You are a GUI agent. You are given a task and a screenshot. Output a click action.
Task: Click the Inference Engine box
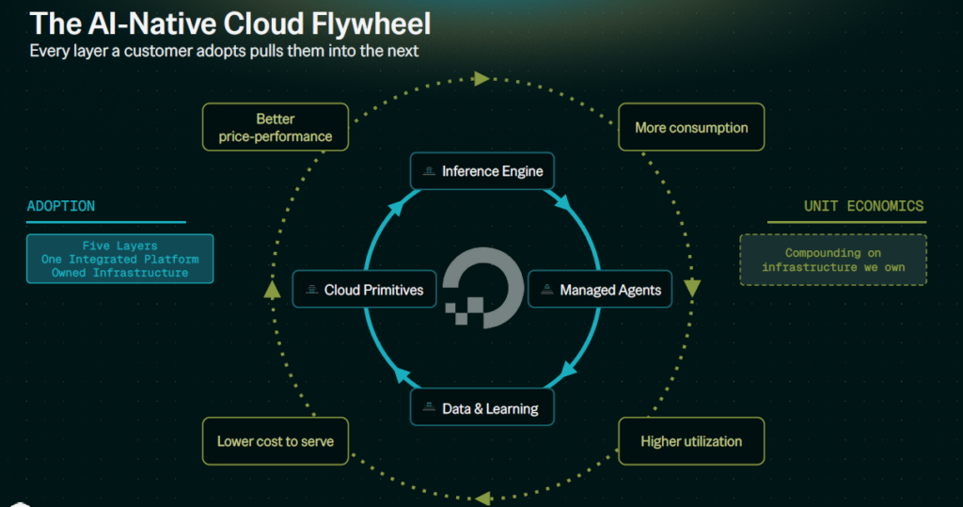(482, 171)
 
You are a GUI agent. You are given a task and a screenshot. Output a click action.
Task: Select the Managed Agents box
(600, 289)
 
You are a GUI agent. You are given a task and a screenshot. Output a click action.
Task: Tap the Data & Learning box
(482, 407)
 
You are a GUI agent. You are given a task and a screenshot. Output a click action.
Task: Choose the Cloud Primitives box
(364, 289)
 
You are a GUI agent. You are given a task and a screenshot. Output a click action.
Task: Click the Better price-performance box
(276, 127)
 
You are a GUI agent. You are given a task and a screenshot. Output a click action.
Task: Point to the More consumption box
(691, 127)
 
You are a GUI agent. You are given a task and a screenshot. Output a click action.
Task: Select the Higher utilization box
(691, 441)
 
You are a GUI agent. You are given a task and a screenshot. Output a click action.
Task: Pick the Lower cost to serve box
(276, 441)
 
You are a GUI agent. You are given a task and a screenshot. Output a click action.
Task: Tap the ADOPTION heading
(61, 206)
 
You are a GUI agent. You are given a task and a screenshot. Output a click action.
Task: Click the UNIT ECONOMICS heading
(863, 206)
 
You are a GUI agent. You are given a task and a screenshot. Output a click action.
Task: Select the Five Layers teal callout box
(119, 259)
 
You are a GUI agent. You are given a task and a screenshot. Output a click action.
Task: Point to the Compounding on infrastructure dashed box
(833, 260)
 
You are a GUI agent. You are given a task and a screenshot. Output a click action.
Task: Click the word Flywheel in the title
(371, 24)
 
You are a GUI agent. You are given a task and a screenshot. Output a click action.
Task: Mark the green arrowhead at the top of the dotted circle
(481, 79)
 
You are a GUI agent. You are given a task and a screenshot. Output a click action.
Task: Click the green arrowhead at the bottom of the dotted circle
(483, 499)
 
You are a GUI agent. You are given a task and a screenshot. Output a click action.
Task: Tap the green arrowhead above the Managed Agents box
(692, 288)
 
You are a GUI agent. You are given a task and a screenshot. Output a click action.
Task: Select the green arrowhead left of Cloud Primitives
(272, 290)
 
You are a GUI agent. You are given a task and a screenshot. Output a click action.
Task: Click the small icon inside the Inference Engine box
(429, 171)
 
